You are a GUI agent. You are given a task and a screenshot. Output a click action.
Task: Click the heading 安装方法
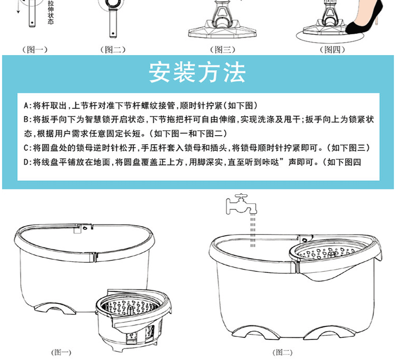(197, 73)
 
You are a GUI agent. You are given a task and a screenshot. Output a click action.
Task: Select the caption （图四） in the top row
(330, 50)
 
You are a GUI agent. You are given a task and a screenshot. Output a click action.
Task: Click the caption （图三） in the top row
(222, 50)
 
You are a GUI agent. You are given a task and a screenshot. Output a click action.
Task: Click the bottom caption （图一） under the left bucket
(62, 352)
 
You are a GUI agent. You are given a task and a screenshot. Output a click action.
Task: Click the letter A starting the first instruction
(26, 106)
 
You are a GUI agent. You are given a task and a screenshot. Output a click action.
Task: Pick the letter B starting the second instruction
(26, 120)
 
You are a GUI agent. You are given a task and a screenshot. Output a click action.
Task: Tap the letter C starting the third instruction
(26, 148)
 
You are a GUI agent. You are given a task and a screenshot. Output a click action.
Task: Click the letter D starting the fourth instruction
(26, 162)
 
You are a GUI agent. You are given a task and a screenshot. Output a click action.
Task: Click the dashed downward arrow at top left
(19, 8)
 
